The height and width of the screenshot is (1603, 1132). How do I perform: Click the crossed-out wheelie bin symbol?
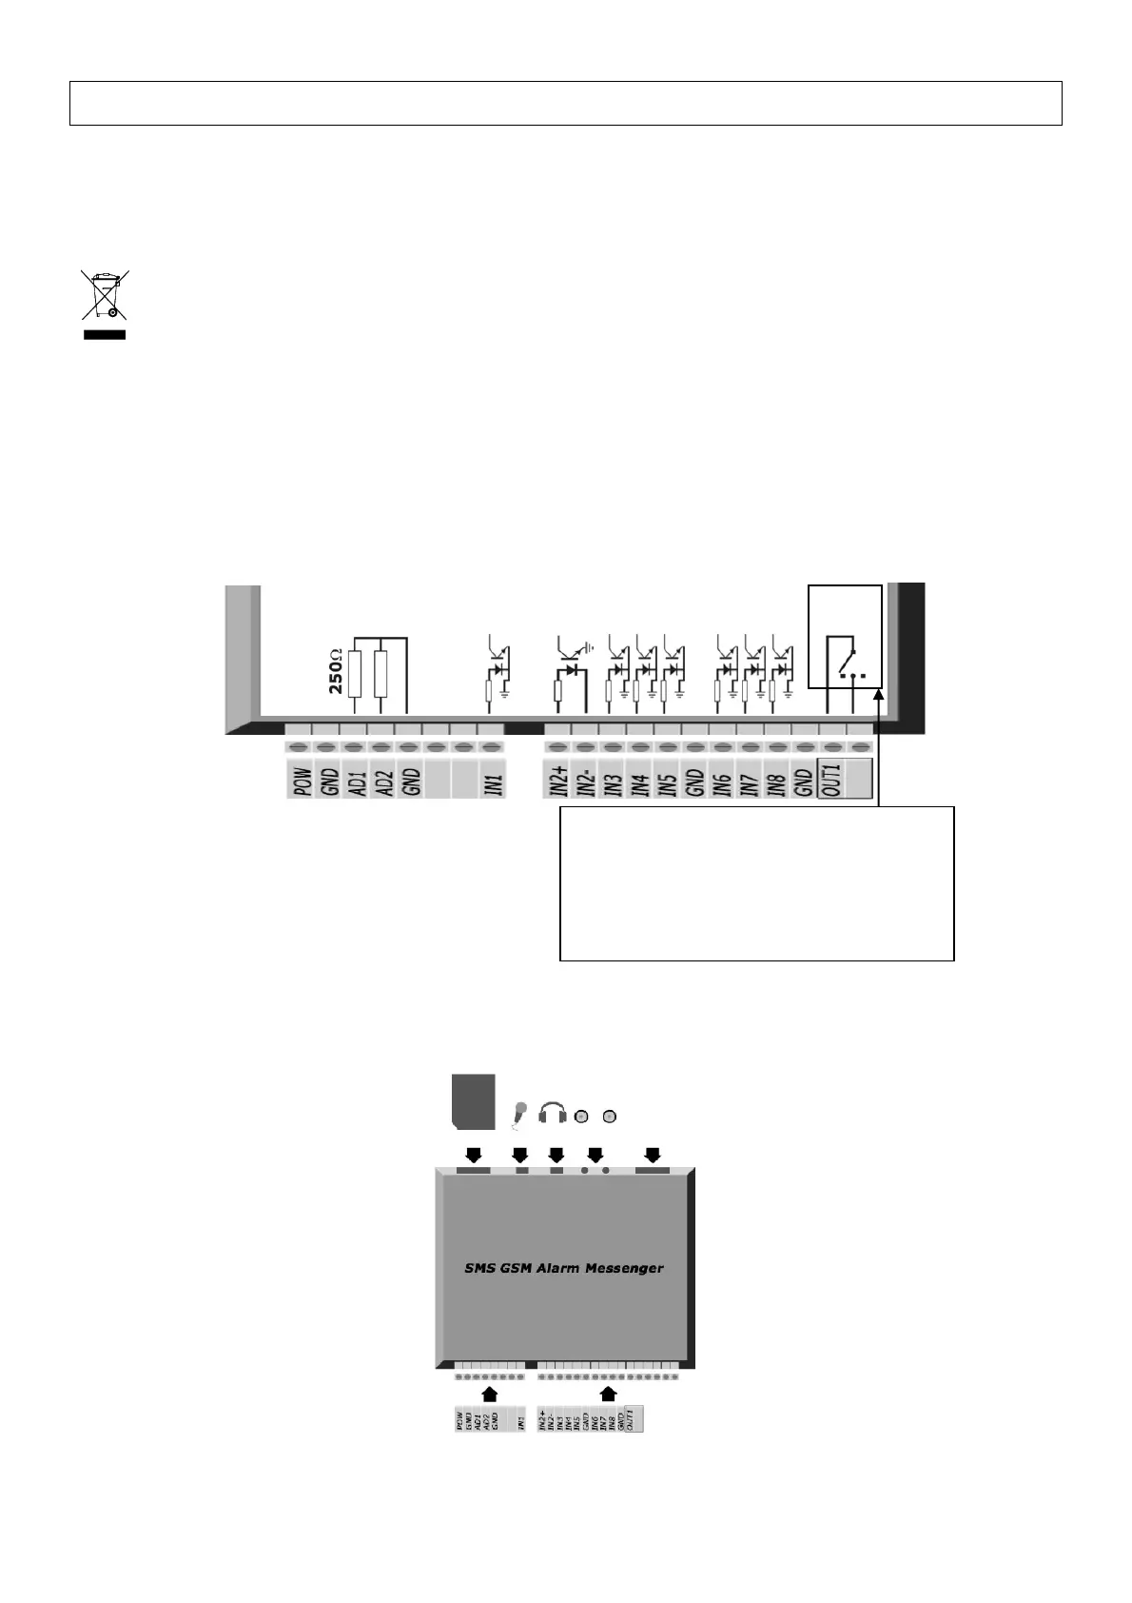tap(104, 296)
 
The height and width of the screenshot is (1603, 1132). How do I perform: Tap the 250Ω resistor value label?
tap(336, 672)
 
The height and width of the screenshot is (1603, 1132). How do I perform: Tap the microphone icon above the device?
tap(519, 1114)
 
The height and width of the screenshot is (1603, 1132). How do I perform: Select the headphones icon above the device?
tap(553, 1113)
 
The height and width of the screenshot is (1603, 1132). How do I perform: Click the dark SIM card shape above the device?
tap(474, 1102)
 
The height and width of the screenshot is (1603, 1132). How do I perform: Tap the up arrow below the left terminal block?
tap(490, 1394)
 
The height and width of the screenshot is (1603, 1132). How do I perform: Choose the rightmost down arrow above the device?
tap(653, 1155)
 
